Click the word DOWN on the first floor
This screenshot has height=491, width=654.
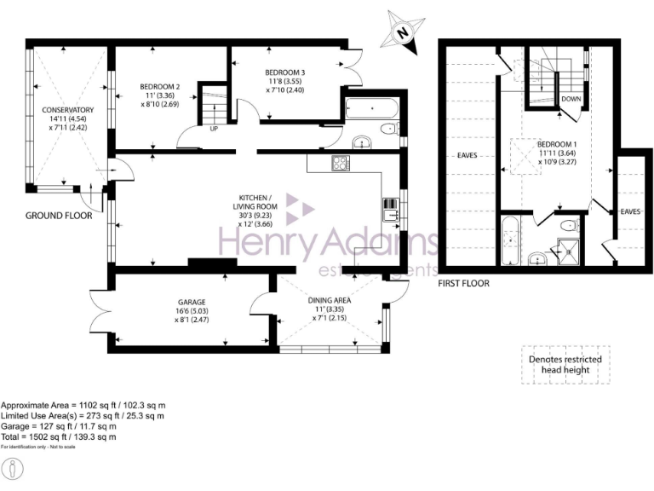tap(571, 98)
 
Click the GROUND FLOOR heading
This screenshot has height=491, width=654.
tap(59, 216)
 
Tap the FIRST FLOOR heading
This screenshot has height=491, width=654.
tap(463, 283)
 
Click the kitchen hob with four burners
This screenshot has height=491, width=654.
tap(341, 164)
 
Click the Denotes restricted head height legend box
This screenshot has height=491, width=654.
tap(565, 365)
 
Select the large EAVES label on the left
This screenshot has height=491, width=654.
tap(466, 156)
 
